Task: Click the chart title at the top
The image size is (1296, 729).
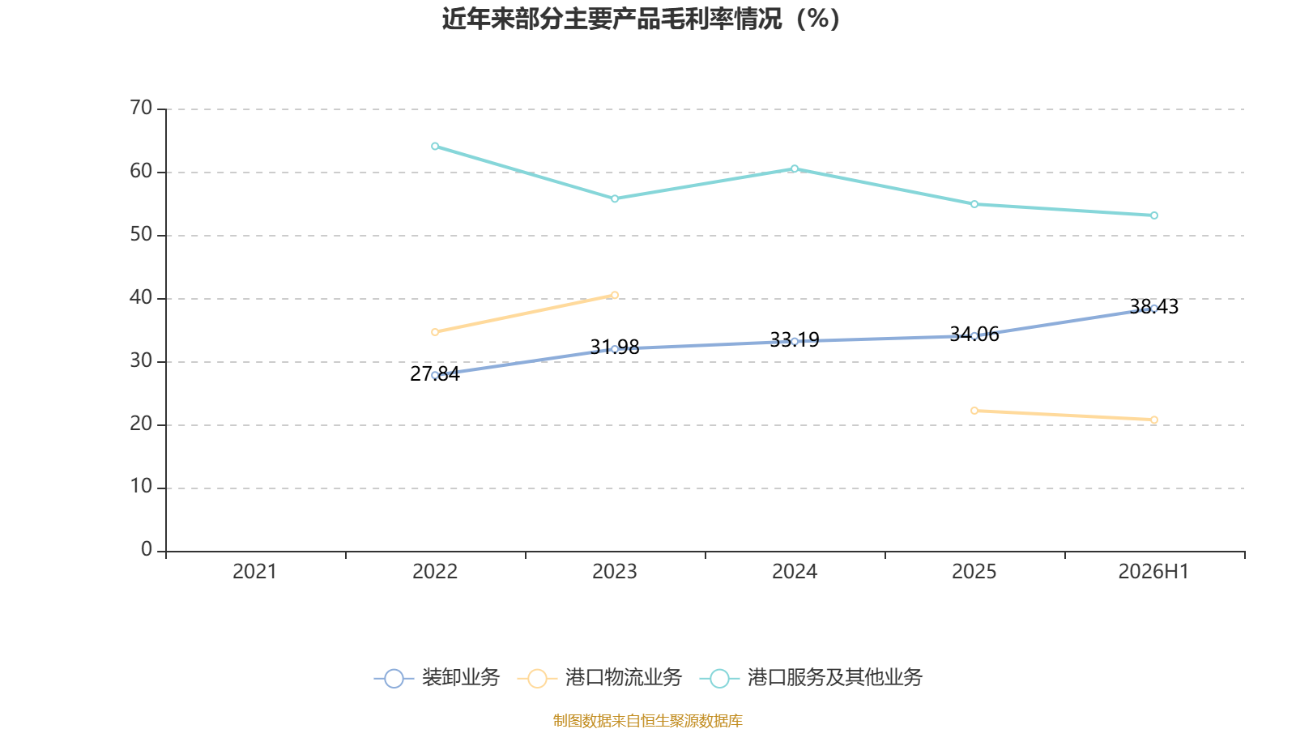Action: point(641,19)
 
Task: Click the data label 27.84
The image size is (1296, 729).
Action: point(434,373)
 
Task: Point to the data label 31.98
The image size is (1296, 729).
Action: point(615,347)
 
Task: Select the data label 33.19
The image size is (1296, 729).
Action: point(795,339)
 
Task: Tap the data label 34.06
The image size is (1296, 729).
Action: point(974,334)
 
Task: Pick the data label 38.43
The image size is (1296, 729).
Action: point(1153,307)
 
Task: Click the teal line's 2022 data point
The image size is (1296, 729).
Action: point(435,147)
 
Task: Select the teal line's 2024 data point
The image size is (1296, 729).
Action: point(795,169)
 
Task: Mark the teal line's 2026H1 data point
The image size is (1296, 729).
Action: point(1154,215)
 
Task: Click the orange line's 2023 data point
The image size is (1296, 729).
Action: point(615,295)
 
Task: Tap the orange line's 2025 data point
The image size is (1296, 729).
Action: point(974,411)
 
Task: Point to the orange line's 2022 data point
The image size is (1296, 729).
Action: point(435,332)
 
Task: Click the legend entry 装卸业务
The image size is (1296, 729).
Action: point(437,677)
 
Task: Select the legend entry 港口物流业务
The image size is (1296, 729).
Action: point(599,677)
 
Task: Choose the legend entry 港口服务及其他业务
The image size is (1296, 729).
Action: point(811,677)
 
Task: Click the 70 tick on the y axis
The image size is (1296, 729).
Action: point(141,109)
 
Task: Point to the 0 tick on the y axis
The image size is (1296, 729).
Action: point(147,550)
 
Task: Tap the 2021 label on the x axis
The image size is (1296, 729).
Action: point(254,572)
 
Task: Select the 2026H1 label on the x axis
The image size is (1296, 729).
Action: point(1153,572)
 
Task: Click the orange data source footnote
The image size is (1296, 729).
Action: point(647,720)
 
